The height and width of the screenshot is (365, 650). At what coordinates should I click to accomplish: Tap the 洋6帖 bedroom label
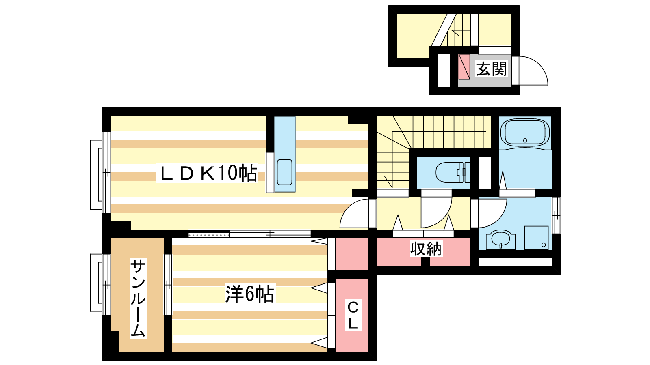coord(249,294)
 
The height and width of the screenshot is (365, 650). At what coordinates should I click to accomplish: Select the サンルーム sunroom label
coord(138,298)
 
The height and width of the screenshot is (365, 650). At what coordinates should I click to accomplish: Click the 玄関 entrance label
coord(492,69)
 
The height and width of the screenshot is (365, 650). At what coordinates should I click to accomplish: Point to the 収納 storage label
coord(425,249)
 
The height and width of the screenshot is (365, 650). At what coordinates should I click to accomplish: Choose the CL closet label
coord(353,315)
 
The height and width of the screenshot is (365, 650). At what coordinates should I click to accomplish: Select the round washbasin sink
coord(501,239)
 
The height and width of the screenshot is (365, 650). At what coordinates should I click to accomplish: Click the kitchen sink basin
coord(284,172)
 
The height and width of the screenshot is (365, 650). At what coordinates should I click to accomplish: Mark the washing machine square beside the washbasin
coord(536,238)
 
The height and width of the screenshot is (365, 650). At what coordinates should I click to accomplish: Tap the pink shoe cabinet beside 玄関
coord(464,67)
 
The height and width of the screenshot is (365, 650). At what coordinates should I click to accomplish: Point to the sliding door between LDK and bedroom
coord(249,234)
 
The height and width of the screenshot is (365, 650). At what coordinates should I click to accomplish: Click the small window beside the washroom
coord(556,215)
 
